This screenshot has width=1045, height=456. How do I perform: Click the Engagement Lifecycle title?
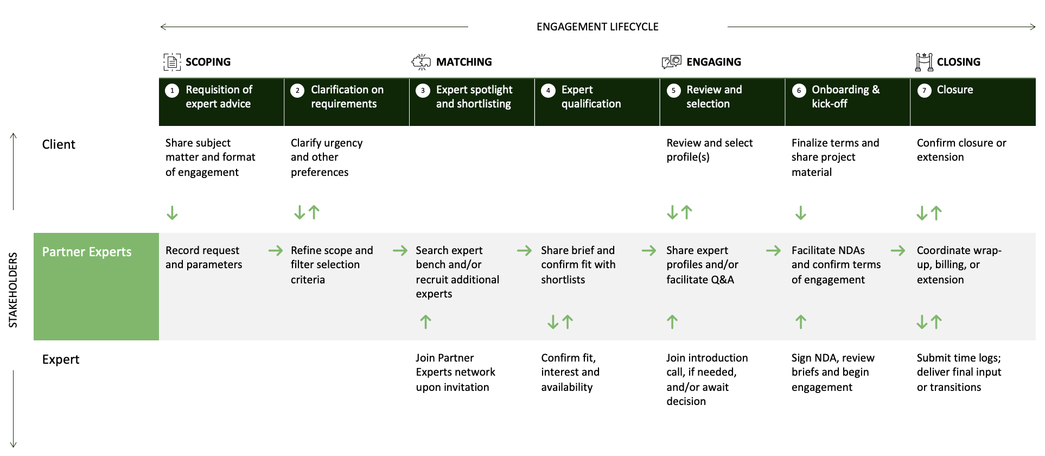[597, 27]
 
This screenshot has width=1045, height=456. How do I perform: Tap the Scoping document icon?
[172, 62]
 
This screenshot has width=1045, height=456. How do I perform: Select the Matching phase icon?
[421, 62]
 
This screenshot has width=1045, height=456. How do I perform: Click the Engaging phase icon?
[671, 61]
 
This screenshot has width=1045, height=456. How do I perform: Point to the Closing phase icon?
[923, 62]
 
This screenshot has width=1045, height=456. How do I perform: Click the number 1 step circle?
[172, 91]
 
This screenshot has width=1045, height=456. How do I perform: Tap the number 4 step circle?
[548, 91]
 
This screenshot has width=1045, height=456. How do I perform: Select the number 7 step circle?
[924, 91]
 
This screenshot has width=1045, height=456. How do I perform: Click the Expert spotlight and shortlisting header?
[474, 97]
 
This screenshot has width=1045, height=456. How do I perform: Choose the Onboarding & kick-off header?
[845, 97]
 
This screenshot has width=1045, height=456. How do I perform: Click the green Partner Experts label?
[87, 252]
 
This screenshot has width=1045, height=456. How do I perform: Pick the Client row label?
[59, 144]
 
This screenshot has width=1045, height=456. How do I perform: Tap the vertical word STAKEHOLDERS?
[13, 290]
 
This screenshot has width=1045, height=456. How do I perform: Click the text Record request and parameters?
[203, 257]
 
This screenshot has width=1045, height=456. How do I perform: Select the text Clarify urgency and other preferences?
[326, 157]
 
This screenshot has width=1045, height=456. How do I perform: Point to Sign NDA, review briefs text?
[832, 372]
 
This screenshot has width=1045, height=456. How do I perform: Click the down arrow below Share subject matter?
[172, 213]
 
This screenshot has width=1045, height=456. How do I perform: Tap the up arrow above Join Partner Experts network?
[426, 322]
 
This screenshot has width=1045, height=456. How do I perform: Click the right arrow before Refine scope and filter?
[276, 250]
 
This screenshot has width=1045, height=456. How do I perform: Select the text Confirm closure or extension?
[961, 150]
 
